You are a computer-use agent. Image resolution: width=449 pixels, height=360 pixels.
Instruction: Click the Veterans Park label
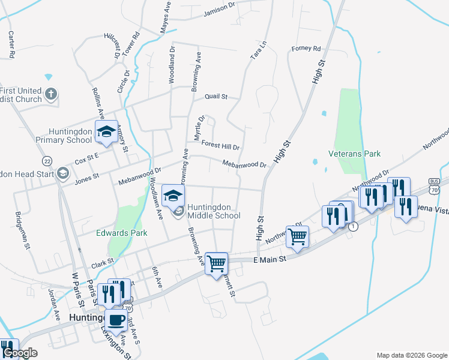coord(354,154)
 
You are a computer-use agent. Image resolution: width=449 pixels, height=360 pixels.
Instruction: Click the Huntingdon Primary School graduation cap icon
coord(106,132)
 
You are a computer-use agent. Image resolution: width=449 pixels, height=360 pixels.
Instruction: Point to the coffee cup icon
coord(116,319)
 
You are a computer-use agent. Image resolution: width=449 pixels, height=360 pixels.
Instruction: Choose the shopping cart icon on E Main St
coord(216,262)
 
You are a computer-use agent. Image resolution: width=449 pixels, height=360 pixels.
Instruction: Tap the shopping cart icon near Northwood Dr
coord(297,236)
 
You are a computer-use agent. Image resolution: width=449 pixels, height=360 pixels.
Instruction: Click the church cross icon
coord(52,94)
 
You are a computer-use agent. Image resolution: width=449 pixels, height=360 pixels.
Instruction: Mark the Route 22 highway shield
coord(47,161)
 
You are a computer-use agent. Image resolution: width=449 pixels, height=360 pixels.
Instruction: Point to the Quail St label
coord(216,96)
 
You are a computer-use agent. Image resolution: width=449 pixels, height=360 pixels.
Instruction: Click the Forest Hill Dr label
coord(220,146)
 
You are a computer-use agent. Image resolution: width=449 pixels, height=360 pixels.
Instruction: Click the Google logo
coord(19,353)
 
